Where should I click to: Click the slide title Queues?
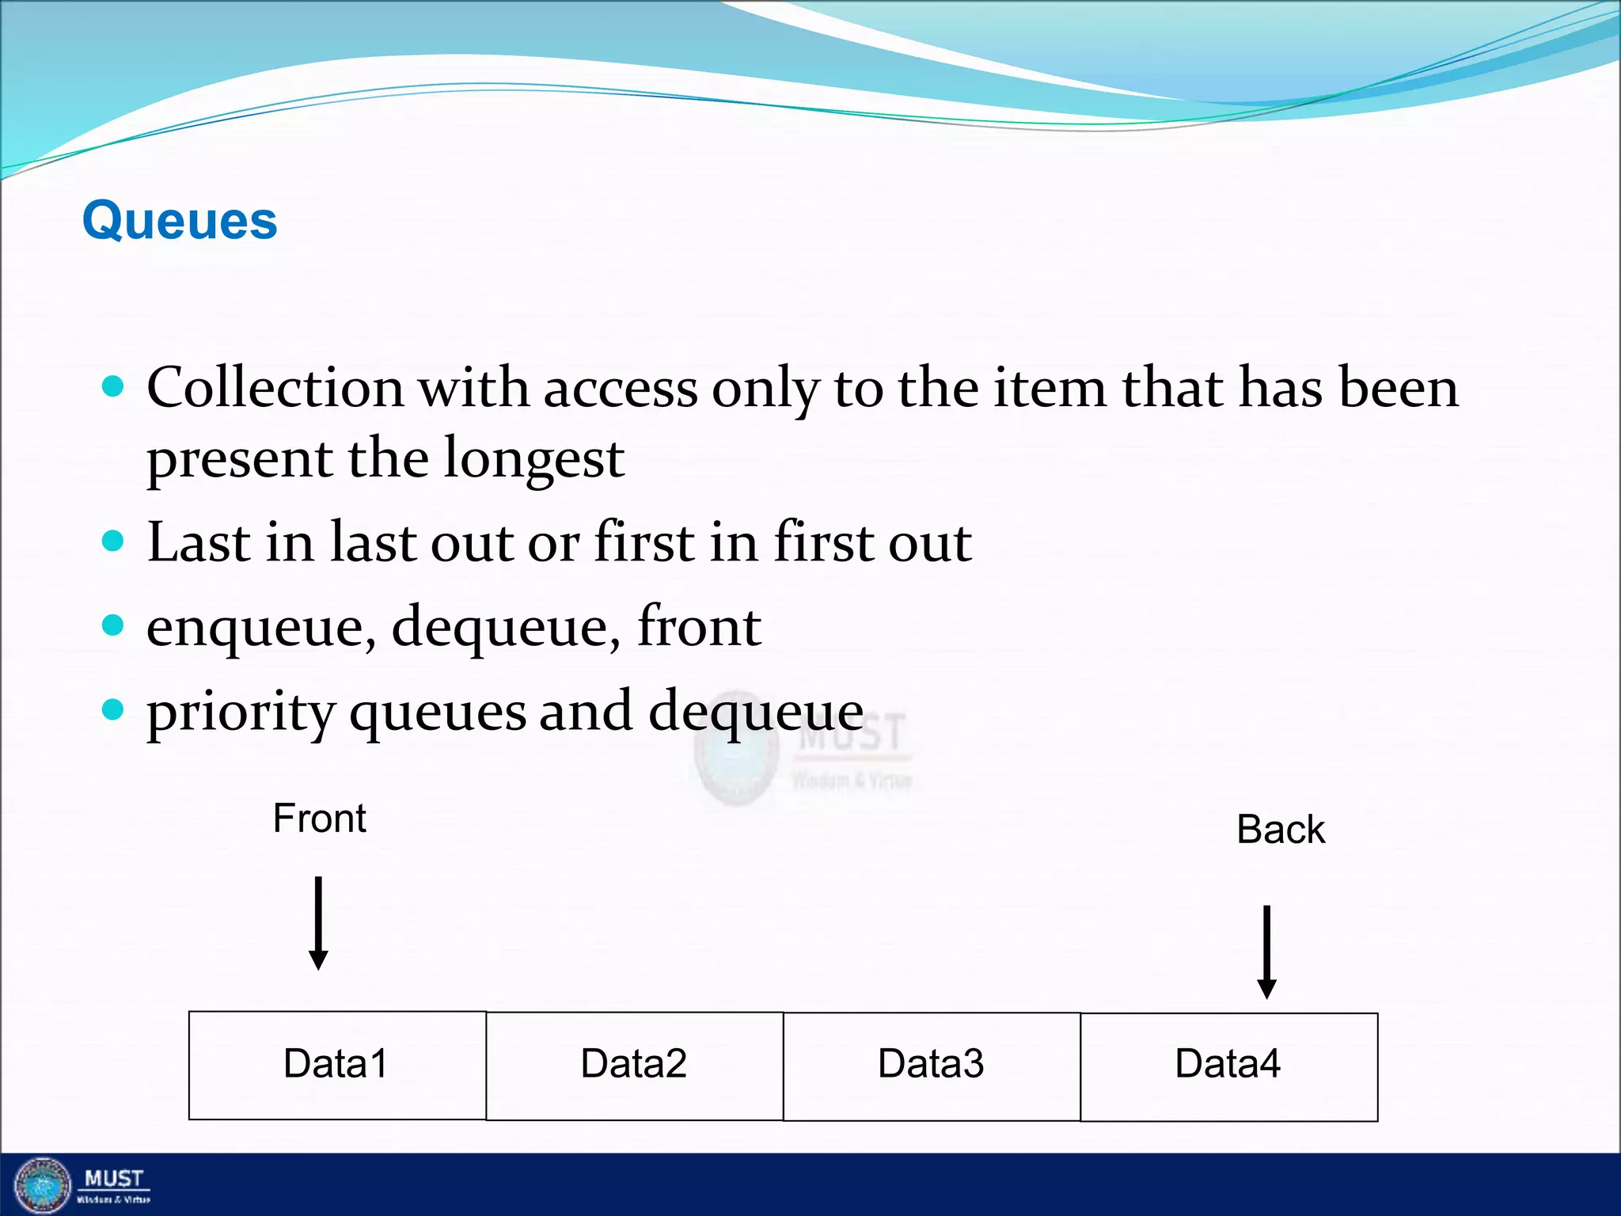pyautogui.click(x=180, y=220)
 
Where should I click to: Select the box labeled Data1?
pyautogui.click(x=337, y=1065)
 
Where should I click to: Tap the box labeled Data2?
pyautogui.click(x=634, y=1065)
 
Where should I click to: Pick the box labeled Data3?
pyautogui.click(x=932, y=1065)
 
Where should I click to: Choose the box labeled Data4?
pyautogui.click(x=1228, y=1066)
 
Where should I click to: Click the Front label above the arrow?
pyautogui.click(x=319, y=818)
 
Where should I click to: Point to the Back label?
pyautogui.click(x=1280, y=830)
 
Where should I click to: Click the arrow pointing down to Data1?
pyautogui.click(x=318, y=922)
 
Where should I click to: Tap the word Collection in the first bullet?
pyautogui.click(x=275, y=388)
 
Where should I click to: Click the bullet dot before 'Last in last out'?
pyautogui.click(x=114, y=541)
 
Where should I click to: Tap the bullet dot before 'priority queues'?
pyautogui.click(x=114, y=709)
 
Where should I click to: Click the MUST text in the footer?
pyautogui.click(x=114, y=1179)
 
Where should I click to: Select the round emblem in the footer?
pyautogui.click(x=43, y=1185)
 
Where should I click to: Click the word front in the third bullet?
pyautogui.click(x=699, y=626)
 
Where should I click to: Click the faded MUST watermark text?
pyautogui.click(x=852, y=733)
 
